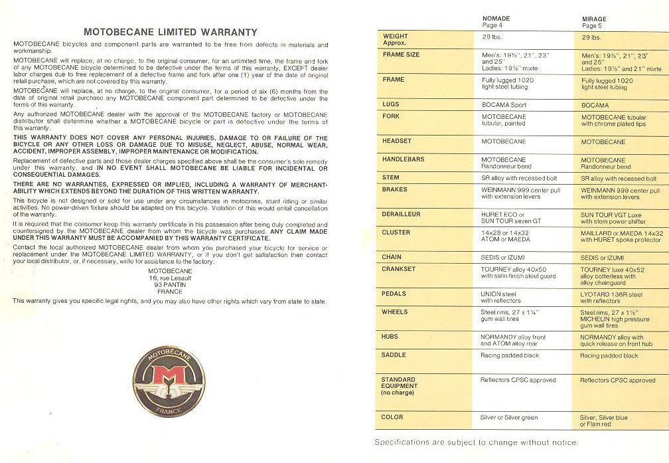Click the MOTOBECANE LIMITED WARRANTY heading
pyautogui.click(x=171, y=32)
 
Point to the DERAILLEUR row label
pyautogui.click(x=401, y=215)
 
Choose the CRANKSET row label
pyautogui.click(x=398, y=269)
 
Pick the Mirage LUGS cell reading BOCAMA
pyautogui.click(x=595, y=105)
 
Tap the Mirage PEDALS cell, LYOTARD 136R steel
pyautogui.click(x=611, y=297)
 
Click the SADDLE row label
pyautogui.click(x=394, y=355)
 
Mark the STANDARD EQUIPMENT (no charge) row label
pyautogui.click(x=400, y=386)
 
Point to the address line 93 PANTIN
pyautogui.click(x=170, y=285)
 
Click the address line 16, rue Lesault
pyautogui.click(x=170, y=278)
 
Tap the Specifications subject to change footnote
pyautogui.click(x=476, y=442)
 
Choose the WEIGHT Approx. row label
pyautogui.click(x=396, y=40)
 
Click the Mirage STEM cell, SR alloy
pyautogui.click(x=618, y=179)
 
